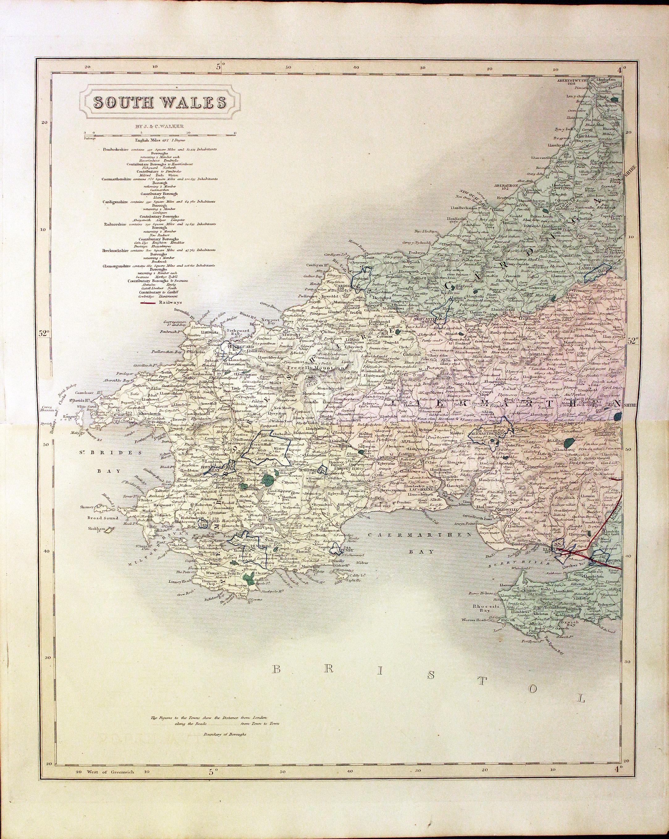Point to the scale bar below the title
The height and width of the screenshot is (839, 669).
tap(159, 135)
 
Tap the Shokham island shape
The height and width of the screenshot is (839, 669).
tap(109, 530)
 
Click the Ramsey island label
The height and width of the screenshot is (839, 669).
tap(62, 415)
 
